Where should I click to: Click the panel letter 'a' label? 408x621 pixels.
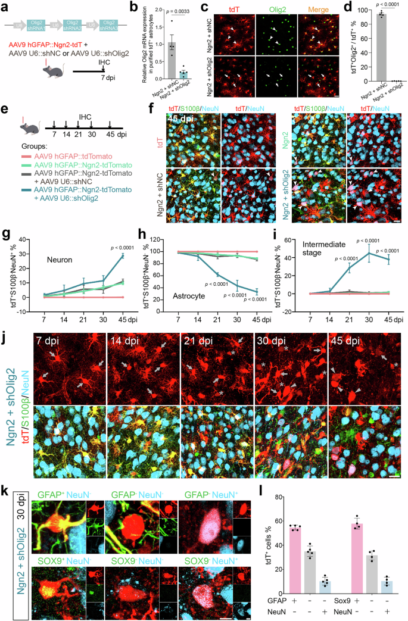point(7,7)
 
